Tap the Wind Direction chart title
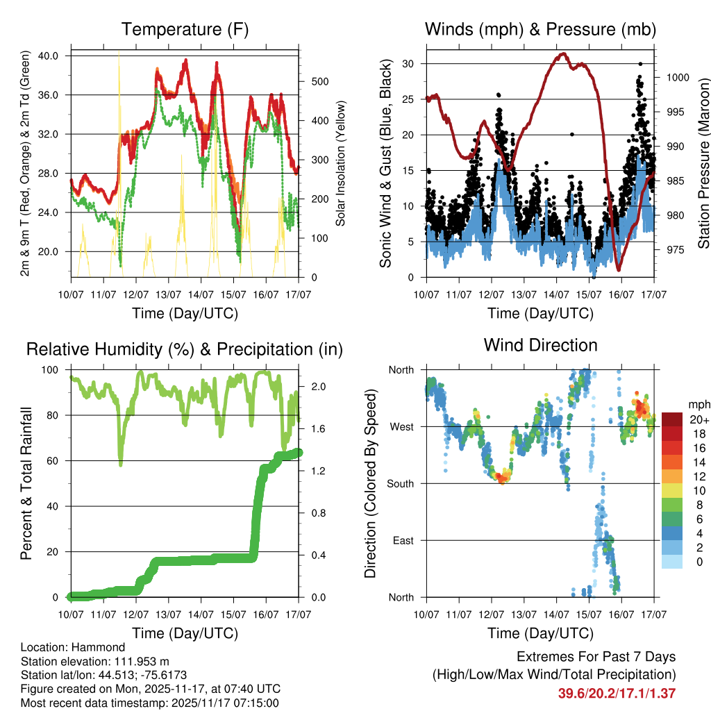click(540, 344)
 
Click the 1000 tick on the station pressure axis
click(677, 78)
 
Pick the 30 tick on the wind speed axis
click(408, 64)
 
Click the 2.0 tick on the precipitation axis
click(313, 386)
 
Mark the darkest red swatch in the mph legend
click(672, 419)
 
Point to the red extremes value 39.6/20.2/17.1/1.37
click(617, 693)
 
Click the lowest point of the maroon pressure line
click(618, 269)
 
